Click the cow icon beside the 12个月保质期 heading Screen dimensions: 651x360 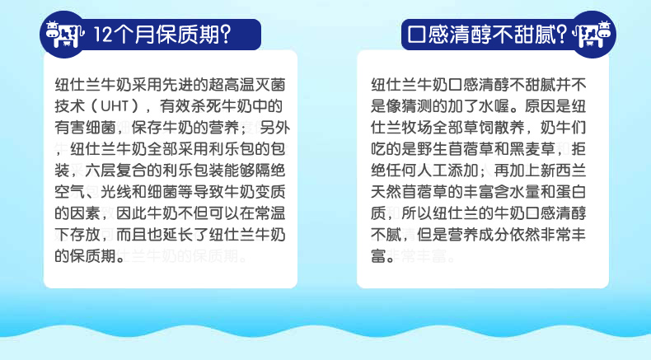click(64, 34)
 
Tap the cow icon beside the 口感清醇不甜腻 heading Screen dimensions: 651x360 click(592, 34)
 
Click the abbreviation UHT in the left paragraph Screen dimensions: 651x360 click(115, 106)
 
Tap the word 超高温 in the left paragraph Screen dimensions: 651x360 click(232, 85)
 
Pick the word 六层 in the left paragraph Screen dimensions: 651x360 click(101, 171)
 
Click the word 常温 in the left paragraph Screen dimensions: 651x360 click(270, 213)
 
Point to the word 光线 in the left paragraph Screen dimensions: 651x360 click(116, 192)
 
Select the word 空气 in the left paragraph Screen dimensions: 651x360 click(70, 192)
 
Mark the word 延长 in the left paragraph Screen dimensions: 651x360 click(179, 235)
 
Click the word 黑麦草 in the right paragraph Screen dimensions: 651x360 click(532, 148)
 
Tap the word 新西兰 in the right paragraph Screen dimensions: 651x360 click(564, 171)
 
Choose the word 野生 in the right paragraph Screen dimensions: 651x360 click(433, 148)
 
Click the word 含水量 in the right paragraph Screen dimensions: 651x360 click(518, 192)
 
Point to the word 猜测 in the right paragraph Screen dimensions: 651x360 click(417, 106)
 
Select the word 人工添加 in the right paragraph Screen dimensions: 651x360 click(448, 171)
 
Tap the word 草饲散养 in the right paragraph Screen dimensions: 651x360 click(494, 128)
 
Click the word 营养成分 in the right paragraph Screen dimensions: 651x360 click(479, 235)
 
